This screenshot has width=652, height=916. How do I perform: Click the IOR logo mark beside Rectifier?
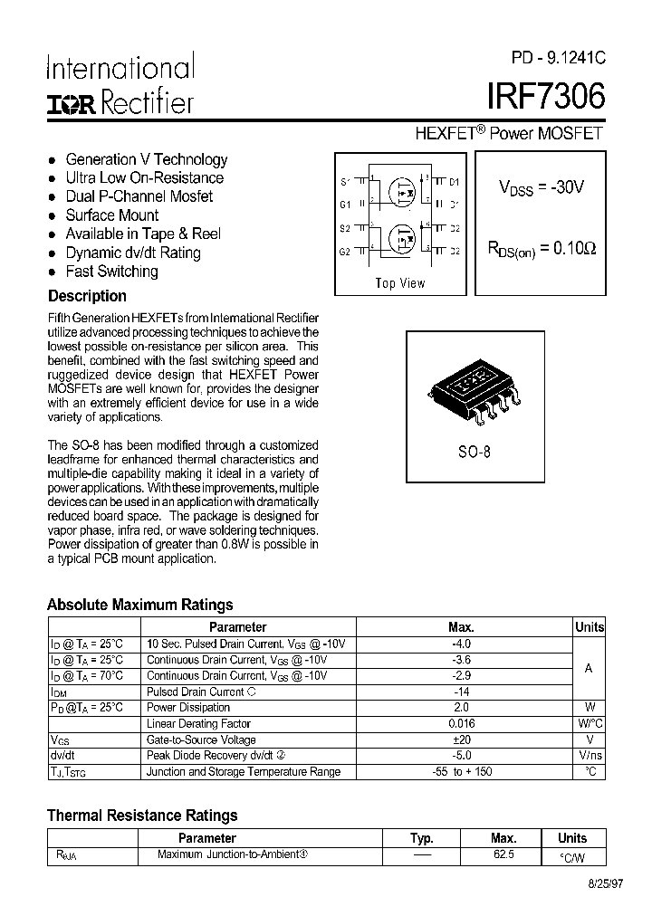click(x=71, y=103)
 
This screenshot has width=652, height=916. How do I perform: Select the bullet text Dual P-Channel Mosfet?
click(x=139, y=196)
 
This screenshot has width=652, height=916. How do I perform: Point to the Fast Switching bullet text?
click(x=111, y=272)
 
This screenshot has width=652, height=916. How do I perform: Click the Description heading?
click(x=87, y=296)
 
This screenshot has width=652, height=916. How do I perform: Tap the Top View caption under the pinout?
click(x=399, y=283)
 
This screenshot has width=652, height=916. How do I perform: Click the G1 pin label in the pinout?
click(x=345, y=205)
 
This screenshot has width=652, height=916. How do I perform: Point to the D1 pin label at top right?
click(x=455, y=182)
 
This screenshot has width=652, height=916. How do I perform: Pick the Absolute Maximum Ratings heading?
click(x=139, y=605)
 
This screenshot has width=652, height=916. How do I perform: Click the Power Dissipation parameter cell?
click(x=188, y=708)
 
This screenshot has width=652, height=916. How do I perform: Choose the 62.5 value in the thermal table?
click(x=503, y=854)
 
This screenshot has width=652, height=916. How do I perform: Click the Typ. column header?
click(x=422, y=838)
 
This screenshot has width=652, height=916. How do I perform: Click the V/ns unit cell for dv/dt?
click(x=590, y=756)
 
